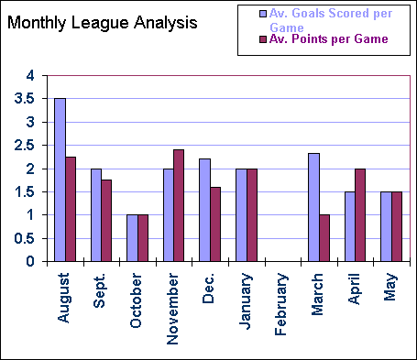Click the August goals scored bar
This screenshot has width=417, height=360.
click(x=60, y=180)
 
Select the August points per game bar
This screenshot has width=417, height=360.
click(x=71, y=209)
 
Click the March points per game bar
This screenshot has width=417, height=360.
click(x=324, y=238)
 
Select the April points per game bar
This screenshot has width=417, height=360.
click(x=361, y=215)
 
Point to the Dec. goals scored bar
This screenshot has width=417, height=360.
click(x=204, y=210)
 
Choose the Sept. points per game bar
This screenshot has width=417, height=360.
click(x=107, y=221)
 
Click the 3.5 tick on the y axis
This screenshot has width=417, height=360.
click(x=33, y=98)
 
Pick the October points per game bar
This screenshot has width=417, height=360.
click(x=143, y=238)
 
